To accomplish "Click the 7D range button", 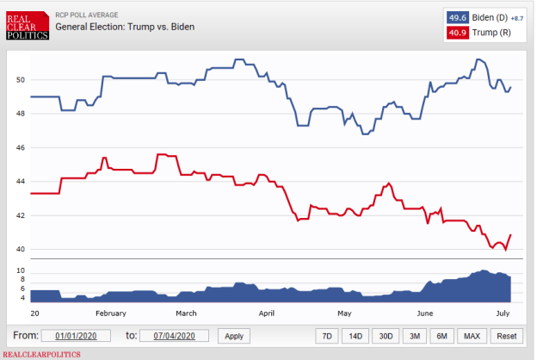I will click(x=326, y=336).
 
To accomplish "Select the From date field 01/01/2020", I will click(x=80, y=336).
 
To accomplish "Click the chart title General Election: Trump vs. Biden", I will click(x=125, y=27).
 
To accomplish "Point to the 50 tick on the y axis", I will click(x=21, y=80).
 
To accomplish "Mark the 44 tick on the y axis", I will click(x=21, y=182).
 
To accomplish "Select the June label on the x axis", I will click(x=425, y=313).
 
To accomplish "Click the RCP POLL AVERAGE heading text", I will click(x=89, y=15).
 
